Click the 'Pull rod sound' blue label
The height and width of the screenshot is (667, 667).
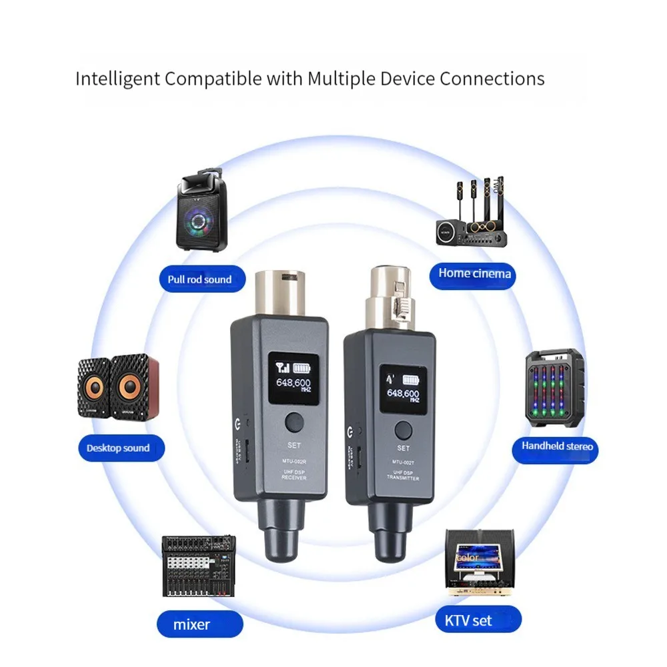[199, 279]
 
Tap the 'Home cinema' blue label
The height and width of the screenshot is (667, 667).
[474, 273]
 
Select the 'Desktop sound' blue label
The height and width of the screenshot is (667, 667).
[118, 448]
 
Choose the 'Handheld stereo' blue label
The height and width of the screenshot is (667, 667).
[556, 446]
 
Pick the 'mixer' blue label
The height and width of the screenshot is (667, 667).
[192, 625]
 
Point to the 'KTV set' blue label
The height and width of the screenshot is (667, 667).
[468, 621]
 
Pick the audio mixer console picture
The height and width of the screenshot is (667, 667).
[199, 568]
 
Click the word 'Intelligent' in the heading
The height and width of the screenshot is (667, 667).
[117, 79]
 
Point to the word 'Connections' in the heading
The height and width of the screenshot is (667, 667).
[491, 79]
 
